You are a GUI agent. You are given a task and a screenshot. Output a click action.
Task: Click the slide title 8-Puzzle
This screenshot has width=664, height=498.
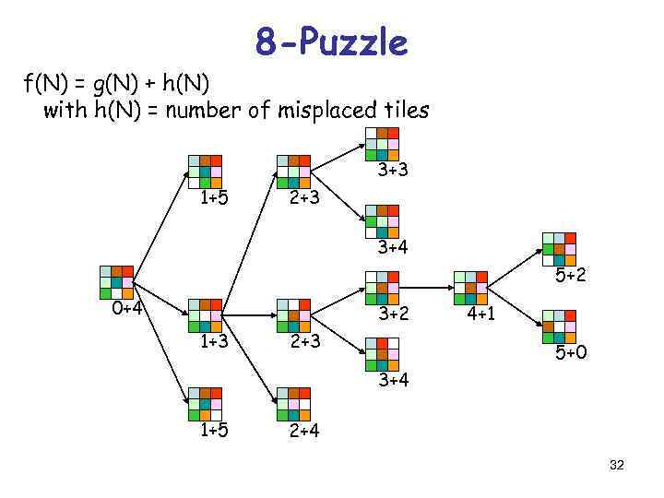pos(331,42)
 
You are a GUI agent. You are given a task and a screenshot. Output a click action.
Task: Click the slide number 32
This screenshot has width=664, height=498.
pos(617,466)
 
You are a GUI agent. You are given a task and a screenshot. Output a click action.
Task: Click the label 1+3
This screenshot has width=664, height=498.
pos(215,342)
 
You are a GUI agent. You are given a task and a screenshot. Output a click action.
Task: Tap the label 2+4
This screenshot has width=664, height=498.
pos(304,430)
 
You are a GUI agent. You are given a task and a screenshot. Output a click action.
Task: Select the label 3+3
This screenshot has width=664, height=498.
pos(393,171)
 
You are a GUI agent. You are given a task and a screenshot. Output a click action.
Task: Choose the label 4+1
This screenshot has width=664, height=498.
pos(481,314)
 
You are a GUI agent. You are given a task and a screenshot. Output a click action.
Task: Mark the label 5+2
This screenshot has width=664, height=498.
pos(570,275)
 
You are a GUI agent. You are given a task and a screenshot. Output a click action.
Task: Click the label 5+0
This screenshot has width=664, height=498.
pos(570,351)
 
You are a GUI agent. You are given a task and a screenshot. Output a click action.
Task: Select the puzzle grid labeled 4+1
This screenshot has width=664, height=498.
pos(470,288)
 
